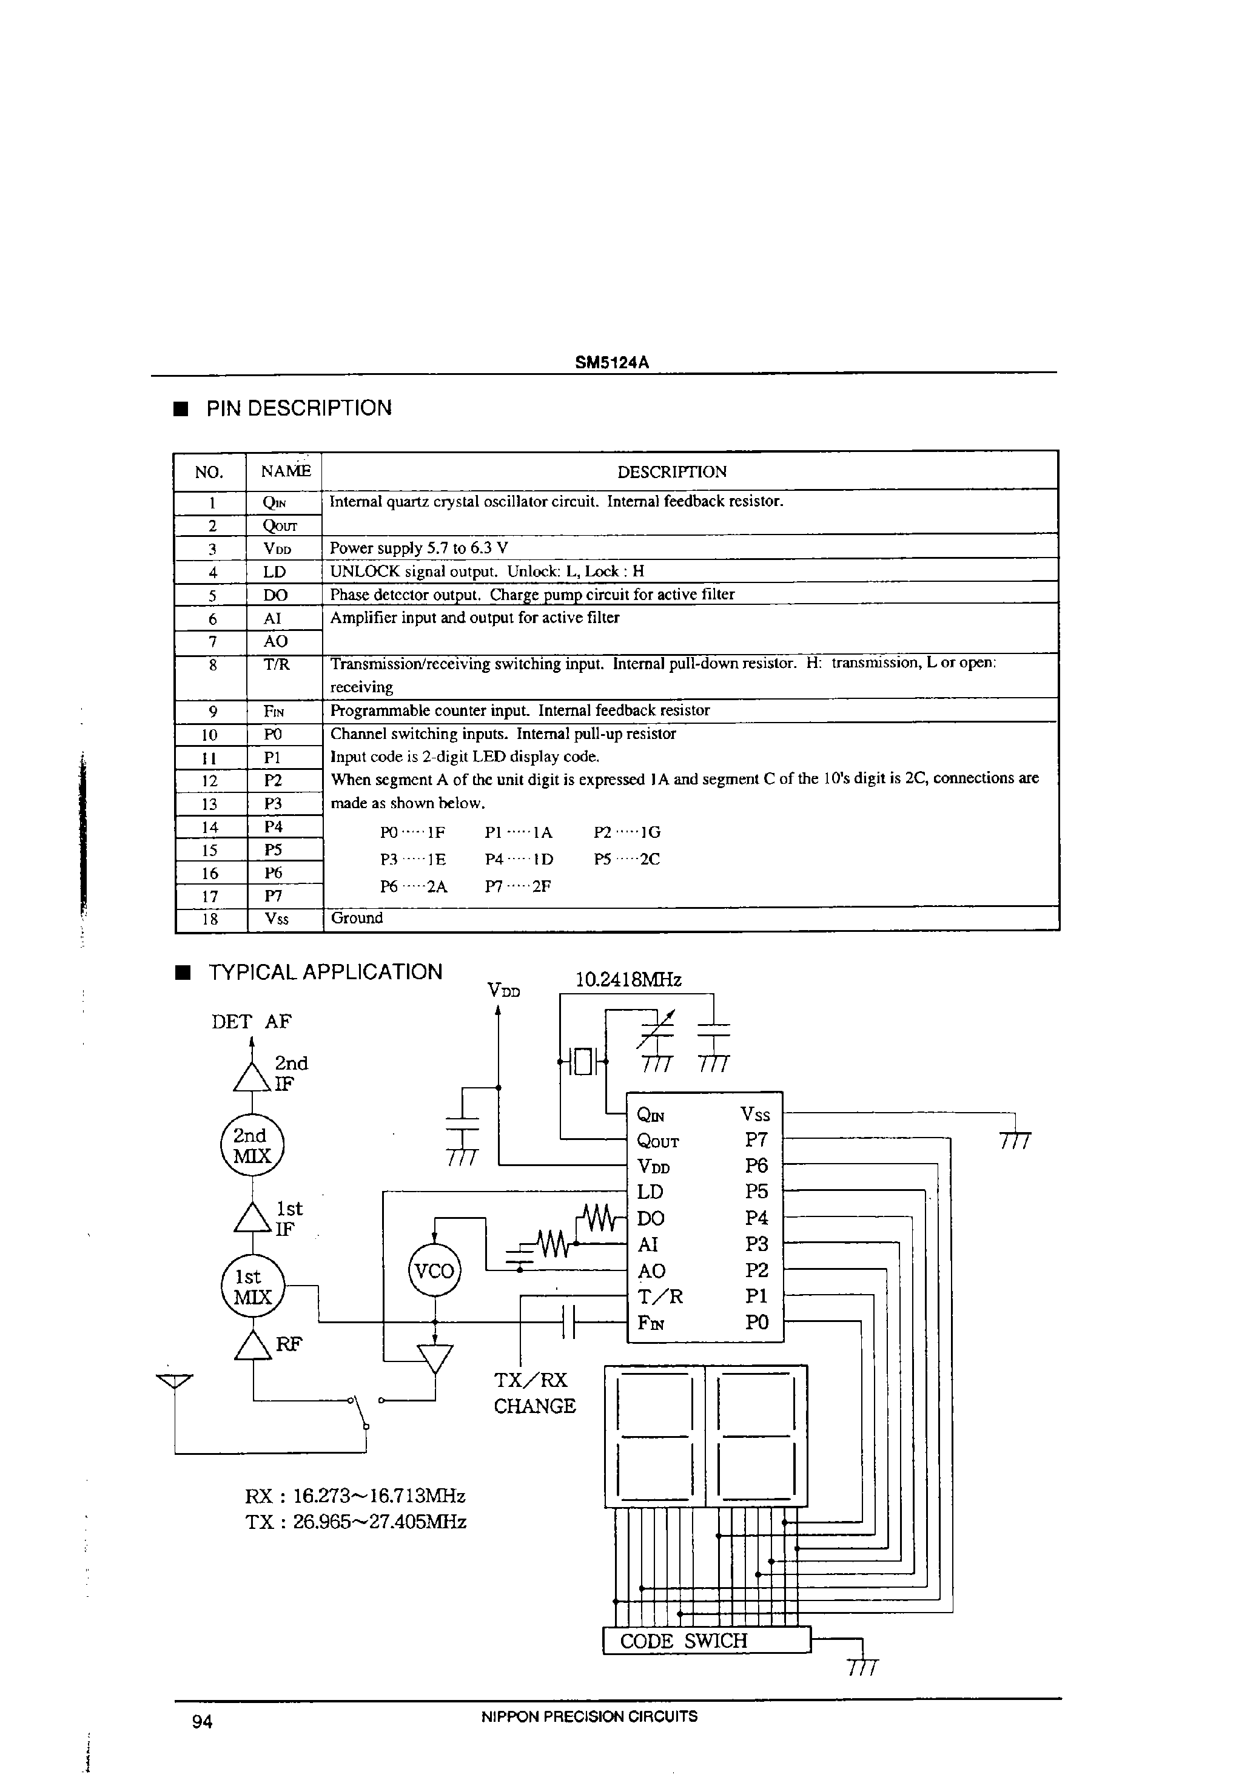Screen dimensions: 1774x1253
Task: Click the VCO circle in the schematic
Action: coord(434,1270)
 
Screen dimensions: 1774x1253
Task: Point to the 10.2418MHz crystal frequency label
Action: coord(628,980)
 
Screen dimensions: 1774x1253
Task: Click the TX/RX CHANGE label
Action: coord(534,1393)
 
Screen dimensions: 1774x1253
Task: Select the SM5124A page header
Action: coord(611,362)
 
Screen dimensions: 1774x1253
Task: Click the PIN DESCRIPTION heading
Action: coord(298,408)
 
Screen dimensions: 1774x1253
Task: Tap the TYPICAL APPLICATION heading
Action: coord(324,972)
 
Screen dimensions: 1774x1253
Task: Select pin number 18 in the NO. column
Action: coord(209,919)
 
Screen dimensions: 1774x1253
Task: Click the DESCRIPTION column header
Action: coord(671,472)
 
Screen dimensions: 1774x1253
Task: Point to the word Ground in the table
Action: coord(357,918)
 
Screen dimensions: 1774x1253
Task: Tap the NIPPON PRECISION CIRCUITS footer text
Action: coord(589,1717)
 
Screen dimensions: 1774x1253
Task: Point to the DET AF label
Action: coord(251,1022)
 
